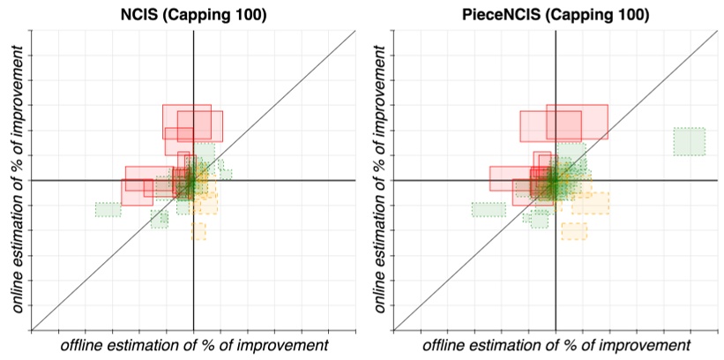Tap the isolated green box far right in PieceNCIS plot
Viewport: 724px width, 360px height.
click(x=689, y=141)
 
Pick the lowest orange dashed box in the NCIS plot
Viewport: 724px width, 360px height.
click(x=198, y=230)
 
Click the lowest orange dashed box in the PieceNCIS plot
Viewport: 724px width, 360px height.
click(x=574, y=231)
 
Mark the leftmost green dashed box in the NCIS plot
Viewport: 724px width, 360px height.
click(x=108, y=209)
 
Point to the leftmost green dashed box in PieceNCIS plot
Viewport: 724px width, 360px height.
click(x=489, y=209)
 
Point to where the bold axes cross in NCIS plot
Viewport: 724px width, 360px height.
click(x=193, y=180)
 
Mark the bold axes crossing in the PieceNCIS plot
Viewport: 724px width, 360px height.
click(x=556, y=180)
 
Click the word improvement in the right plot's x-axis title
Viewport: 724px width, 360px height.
click(x=649, y=345)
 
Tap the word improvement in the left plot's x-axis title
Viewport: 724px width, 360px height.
click(x=287, y=345)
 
